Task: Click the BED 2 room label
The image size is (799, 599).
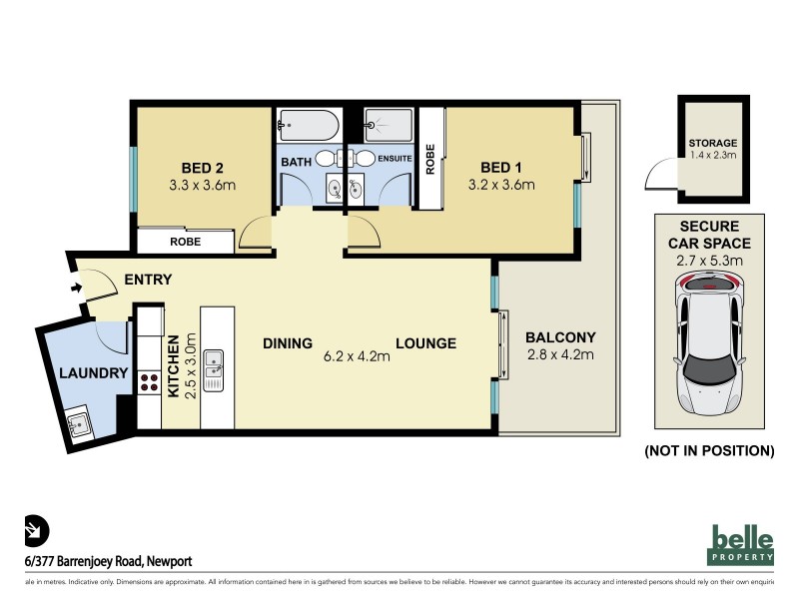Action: point(203,167)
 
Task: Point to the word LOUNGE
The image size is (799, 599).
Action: point(425,342)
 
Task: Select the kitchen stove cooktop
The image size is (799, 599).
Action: point(149,381)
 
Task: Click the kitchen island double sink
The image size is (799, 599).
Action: point(214,369)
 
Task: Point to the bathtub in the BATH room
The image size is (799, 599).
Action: point(307,126)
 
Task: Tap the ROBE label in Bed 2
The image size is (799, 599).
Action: point(185,242)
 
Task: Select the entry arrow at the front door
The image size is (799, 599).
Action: point(78,290)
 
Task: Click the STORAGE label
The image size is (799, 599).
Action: point(713,144)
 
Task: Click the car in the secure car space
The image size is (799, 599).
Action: point(711,344)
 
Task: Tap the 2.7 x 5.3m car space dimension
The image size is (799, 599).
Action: point(713,263)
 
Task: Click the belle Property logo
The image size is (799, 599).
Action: point(741,545)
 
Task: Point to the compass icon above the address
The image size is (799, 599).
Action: point(36,530)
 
